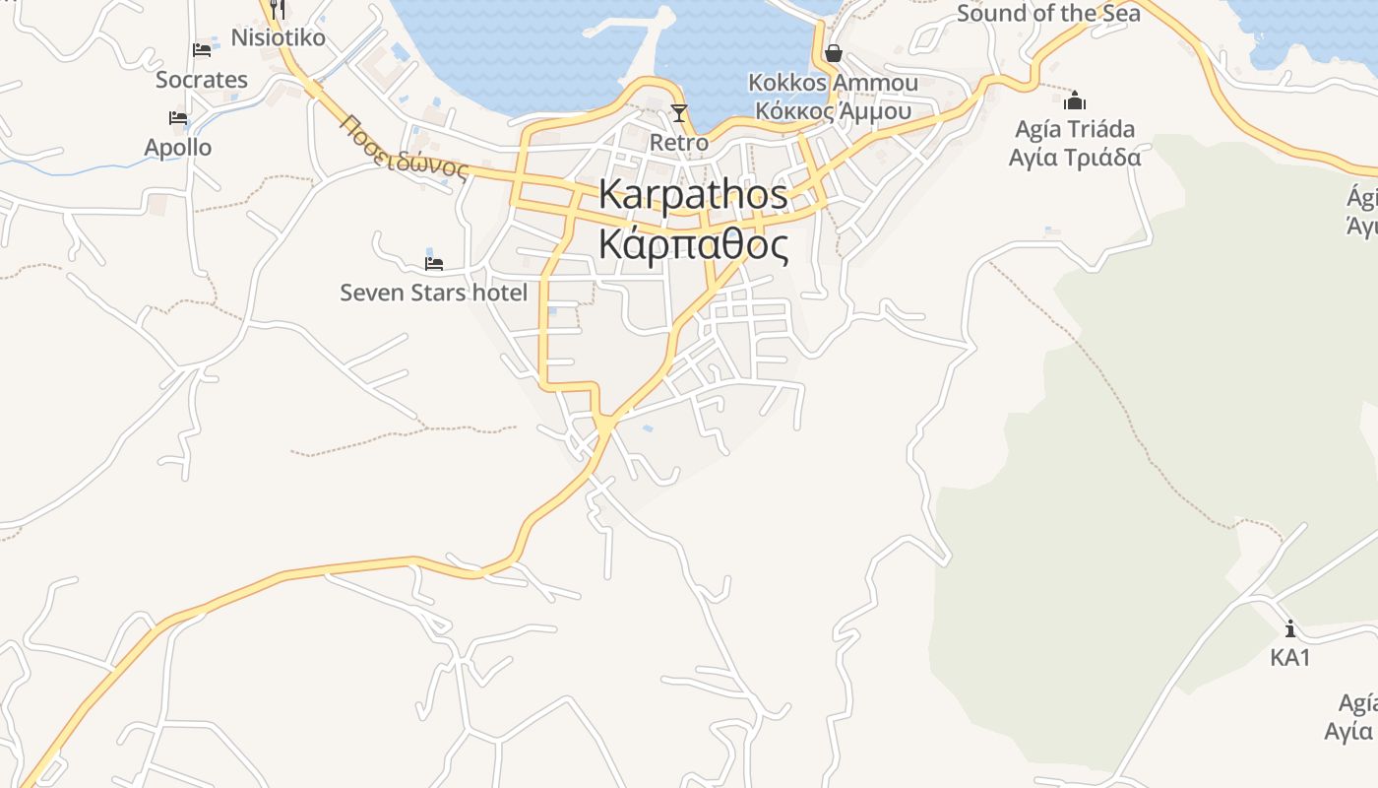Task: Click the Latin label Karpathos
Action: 693,194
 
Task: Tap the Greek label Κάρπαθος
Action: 693,245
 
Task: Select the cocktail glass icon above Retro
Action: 678,112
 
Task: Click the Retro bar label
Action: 678,143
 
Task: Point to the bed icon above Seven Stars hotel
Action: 433,263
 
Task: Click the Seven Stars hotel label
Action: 433,293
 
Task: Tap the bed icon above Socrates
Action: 202,49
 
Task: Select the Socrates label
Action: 202,80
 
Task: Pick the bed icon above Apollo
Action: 178,117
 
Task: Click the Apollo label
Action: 178,148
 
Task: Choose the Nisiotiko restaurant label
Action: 278,38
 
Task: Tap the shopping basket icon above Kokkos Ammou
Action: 833,52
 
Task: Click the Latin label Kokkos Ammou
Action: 833,83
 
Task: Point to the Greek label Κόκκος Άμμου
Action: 833,110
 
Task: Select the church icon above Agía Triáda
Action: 1075,100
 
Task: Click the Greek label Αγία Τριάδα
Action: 1075,158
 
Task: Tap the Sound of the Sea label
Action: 1048,13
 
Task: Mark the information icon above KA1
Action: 1289,628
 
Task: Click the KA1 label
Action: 1289,658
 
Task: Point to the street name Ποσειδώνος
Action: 404,148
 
